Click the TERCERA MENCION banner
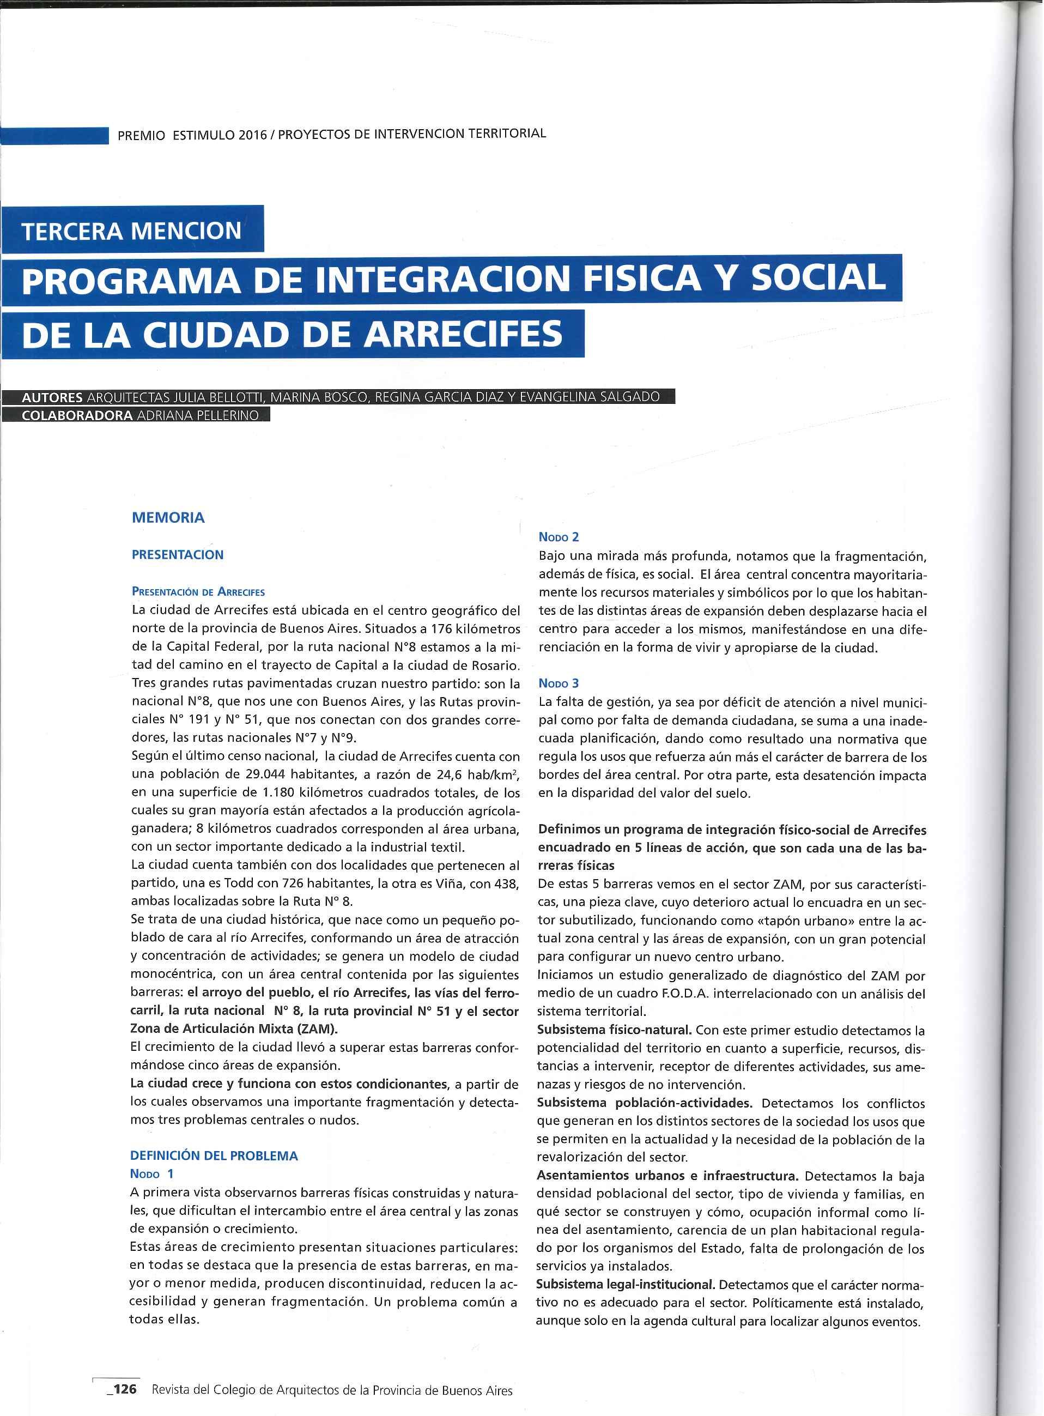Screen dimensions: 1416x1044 point(131,230)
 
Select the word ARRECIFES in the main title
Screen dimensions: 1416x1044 point(463,333)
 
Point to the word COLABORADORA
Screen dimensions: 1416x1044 point(77,415)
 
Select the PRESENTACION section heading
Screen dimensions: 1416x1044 point(178,555)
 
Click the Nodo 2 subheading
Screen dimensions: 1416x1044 point(559,537)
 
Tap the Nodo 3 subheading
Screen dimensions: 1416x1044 point(559,683)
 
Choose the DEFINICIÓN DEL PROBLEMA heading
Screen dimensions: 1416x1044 point(214,1155)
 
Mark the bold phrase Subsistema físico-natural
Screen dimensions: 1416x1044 point(613,1031)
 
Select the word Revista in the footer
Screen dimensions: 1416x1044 point(171,1390)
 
